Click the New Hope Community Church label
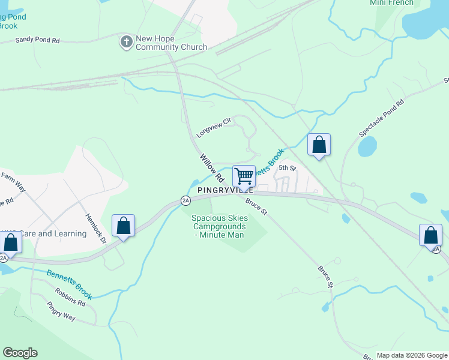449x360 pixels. (171, 43)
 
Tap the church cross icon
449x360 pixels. (126, 42)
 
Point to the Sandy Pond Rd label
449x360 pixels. (37, 40)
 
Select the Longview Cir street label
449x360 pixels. (213, 127)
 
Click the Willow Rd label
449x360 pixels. (212, 167)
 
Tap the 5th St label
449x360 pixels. (288, 168)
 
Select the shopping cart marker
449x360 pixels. (244, 176)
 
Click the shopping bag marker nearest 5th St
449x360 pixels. (319, 145)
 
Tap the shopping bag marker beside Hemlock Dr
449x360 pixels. (123, 226)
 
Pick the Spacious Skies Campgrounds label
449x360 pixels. (218, 226)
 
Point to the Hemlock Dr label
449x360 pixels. (95, 229)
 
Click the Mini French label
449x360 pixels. (391, 3)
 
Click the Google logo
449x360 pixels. (20, 353)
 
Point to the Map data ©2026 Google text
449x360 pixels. (411, 355)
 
